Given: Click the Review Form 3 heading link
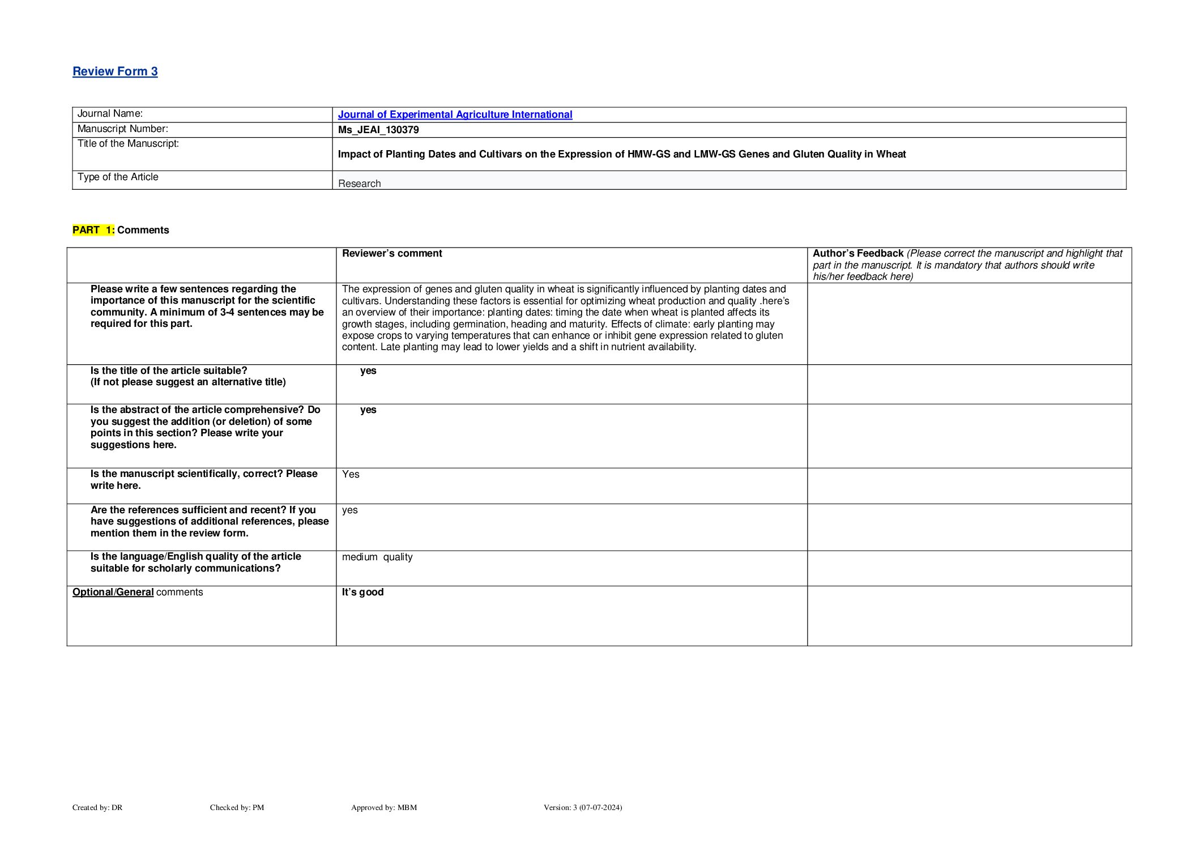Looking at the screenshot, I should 115,71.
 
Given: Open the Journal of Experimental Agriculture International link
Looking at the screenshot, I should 455,114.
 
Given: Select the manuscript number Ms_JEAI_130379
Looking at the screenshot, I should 378,130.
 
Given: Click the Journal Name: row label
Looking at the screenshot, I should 110,114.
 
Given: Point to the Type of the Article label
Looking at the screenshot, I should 118,177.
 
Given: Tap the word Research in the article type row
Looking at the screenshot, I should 359,184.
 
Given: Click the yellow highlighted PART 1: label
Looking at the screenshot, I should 93,230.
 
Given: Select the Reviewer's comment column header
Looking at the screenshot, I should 392,253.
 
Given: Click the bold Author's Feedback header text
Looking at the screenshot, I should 857,253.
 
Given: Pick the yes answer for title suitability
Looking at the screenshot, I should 368,370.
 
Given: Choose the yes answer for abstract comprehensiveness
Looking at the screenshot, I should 368,410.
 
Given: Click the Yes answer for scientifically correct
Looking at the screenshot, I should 351,474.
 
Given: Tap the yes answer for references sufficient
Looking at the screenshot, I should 350,510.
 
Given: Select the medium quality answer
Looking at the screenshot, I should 377,557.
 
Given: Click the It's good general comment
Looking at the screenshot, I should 362,592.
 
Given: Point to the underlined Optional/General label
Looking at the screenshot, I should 113,592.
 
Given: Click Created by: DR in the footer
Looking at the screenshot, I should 97,807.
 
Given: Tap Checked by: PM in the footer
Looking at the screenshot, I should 237,807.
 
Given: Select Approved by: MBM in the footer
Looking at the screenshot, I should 384,807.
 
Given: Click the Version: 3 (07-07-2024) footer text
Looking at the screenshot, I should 583,807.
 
